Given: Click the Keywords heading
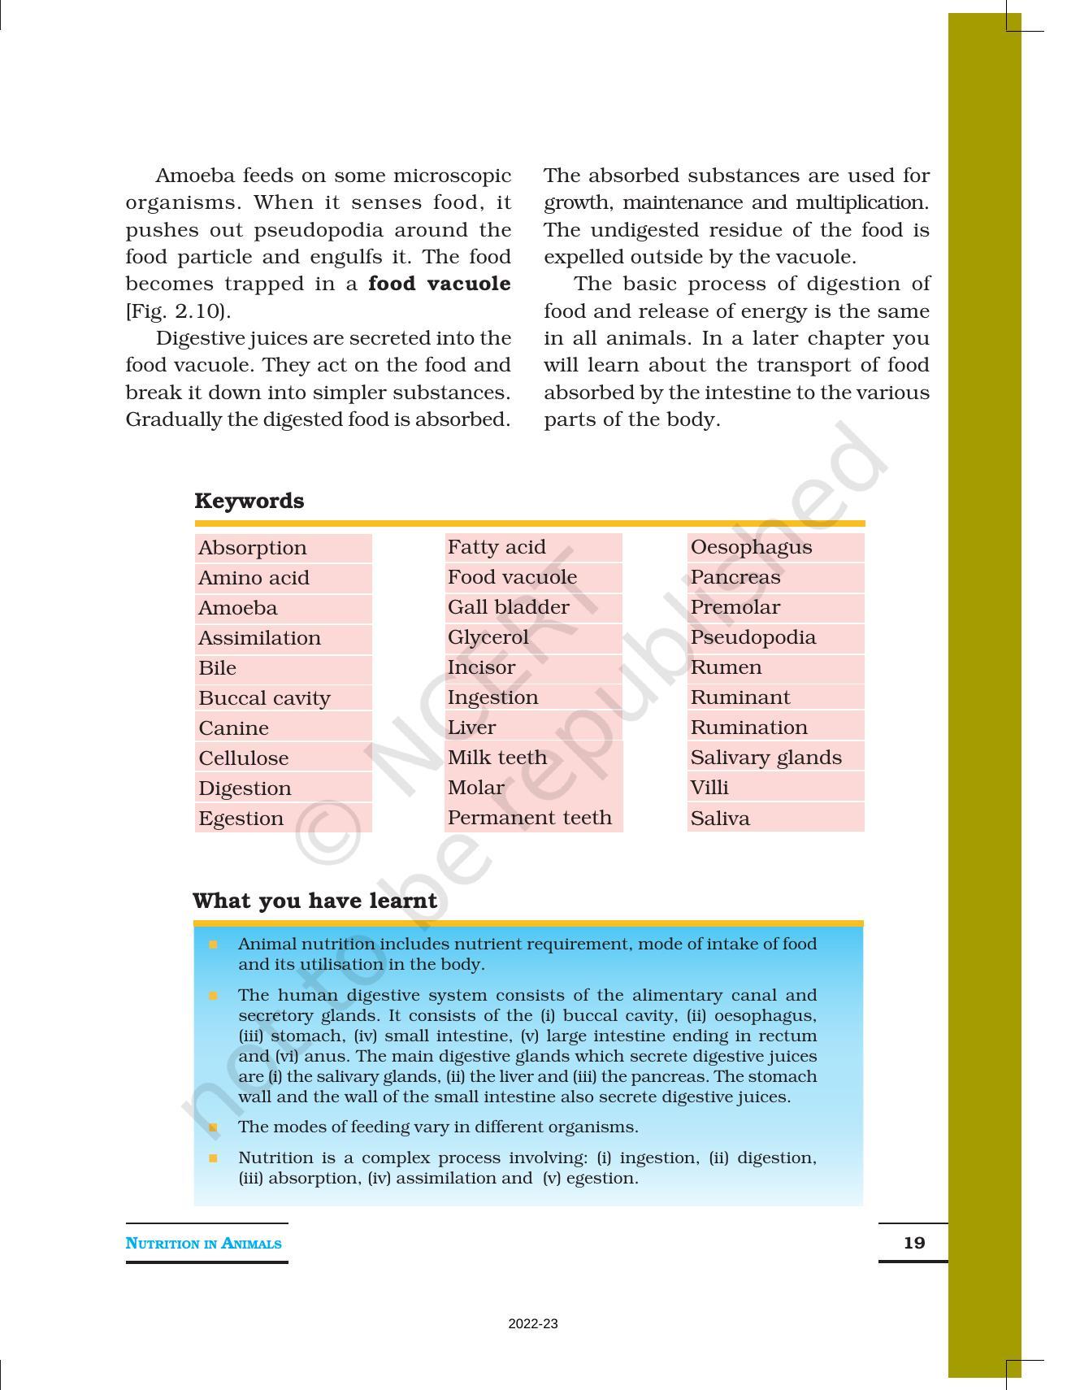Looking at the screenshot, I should click(x=249, y=501).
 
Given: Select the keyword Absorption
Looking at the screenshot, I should click(x=253, y=548).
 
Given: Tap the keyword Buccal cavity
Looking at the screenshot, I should click(x=264, y=698).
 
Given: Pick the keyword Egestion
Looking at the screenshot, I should click(x=241, y=819).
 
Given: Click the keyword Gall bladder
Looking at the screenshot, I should click(x=508, y=607).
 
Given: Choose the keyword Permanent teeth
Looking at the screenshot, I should click(x=529, y=818).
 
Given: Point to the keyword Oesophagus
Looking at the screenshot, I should click(x=751, y=547).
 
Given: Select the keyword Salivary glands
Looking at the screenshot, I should click(x=766, y=758).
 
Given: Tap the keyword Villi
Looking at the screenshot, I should click(x=709, y=788).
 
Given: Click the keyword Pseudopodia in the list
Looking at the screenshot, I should click(x=753, y=637).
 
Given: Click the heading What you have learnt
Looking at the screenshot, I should click(x=314, y=901).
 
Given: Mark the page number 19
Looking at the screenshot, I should click(x=914, y=1243).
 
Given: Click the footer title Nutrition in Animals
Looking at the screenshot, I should click(x=203, y=1244).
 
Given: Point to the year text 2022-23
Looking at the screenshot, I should click(x=533, y=1324).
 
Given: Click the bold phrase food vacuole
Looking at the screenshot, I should click(x=439, y=284).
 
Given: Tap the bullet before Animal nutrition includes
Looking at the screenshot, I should click(x=214, y=945).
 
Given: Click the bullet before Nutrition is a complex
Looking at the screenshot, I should click(x=214, y=1158).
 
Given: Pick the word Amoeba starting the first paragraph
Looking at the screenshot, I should click(x=195, y=176).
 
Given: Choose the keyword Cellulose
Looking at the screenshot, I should click(x=244, y=758).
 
